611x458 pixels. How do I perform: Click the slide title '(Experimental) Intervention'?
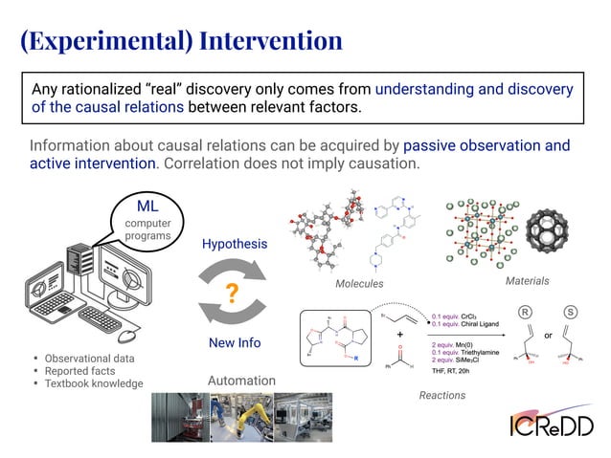click(x=182, y=41)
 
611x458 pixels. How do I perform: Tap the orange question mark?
click(x=231, y=294)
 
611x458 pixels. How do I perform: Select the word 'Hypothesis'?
click(x=234, y=244)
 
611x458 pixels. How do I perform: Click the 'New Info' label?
click(x=234, y=342)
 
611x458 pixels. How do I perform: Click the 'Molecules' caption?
click(x=359, y=284)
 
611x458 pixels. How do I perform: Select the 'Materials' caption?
click(x=527, y=281)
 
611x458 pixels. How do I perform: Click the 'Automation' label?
click(x=241, y=381)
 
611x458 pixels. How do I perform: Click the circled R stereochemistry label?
click(x=525, y=313)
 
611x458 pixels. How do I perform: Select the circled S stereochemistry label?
click(x=572, y=313)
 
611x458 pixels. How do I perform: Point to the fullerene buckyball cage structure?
click(x=559, y=233)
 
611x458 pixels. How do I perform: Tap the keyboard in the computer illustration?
click(x=99, y=318)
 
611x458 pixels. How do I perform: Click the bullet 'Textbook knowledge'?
click(x=94, y=383)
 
